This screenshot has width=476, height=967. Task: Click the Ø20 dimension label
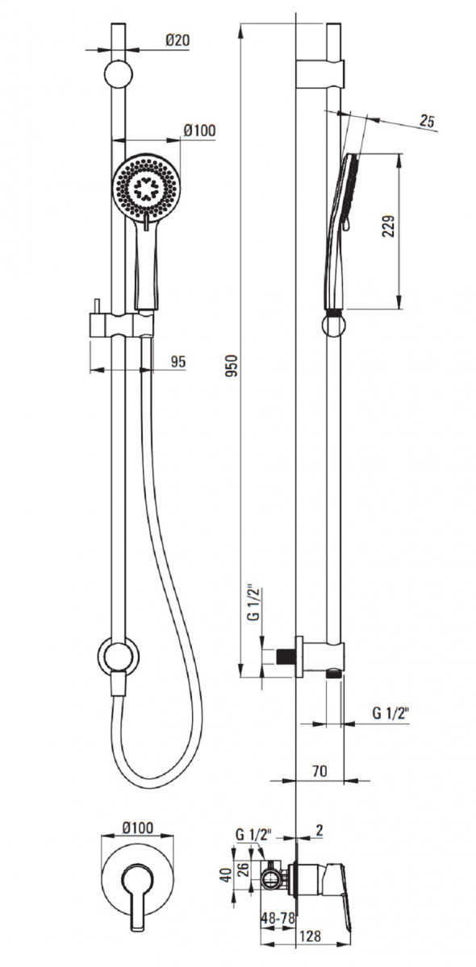click(177, 39)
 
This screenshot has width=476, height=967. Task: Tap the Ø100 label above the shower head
click(199, 130)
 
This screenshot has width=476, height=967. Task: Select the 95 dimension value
click(177, 361)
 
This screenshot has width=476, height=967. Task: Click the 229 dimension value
click(388, 226)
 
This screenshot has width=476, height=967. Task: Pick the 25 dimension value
click(427, 122)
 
